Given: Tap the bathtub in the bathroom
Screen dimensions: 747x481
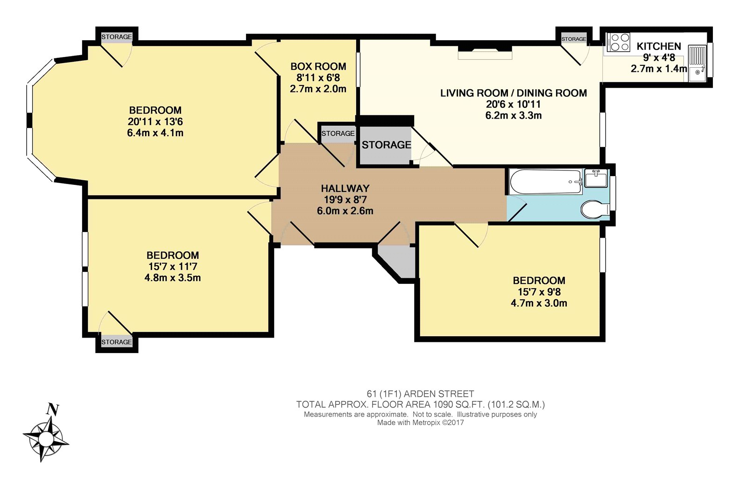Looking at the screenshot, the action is click(546, 182).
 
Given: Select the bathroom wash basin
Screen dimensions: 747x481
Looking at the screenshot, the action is click(596, 178).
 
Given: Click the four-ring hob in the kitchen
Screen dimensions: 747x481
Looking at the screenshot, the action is click(618, 42).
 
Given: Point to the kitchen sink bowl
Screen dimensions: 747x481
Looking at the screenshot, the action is click(698, 72).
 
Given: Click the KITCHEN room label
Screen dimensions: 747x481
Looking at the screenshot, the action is click(659, 46).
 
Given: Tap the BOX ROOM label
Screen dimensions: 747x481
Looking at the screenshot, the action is click(318, 66).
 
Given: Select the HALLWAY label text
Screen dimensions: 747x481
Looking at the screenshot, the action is click(345, 189).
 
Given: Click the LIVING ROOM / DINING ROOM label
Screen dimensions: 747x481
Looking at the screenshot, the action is click(514, 93).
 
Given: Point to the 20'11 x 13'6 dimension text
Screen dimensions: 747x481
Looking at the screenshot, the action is click(155, 121).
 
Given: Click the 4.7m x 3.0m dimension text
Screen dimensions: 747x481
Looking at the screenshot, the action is click(539, 303).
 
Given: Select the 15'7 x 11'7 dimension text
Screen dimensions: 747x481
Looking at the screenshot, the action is click(173, 267).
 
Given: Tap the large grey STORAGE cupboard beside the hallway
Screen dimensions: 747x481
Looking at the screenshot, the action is click(384, 146).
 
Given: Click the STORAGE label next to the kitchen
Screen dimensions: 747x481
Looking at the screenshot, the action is click(574, 39).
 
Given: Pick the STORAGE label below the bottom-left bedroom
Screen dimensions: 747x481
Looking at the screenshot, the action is click(117, 342).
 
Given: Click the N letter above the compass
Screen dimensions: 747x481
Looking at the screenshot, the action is click(53, 409).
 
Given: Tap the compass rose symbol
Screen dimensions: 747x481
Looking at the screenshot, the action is click(46, 439).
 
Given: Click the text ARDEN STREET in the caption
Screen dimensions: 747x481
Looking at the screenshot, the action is click(439, 394).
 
